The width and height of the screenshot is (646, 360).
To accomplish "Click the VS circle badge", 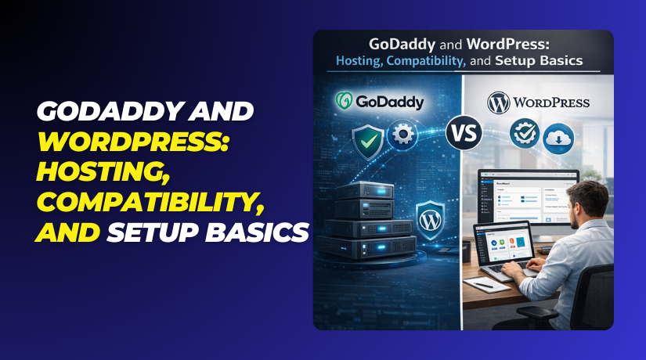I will tap(462, 135).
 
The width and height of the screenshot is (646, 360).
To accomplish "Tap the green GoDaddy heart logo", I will tap(344, 103).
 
